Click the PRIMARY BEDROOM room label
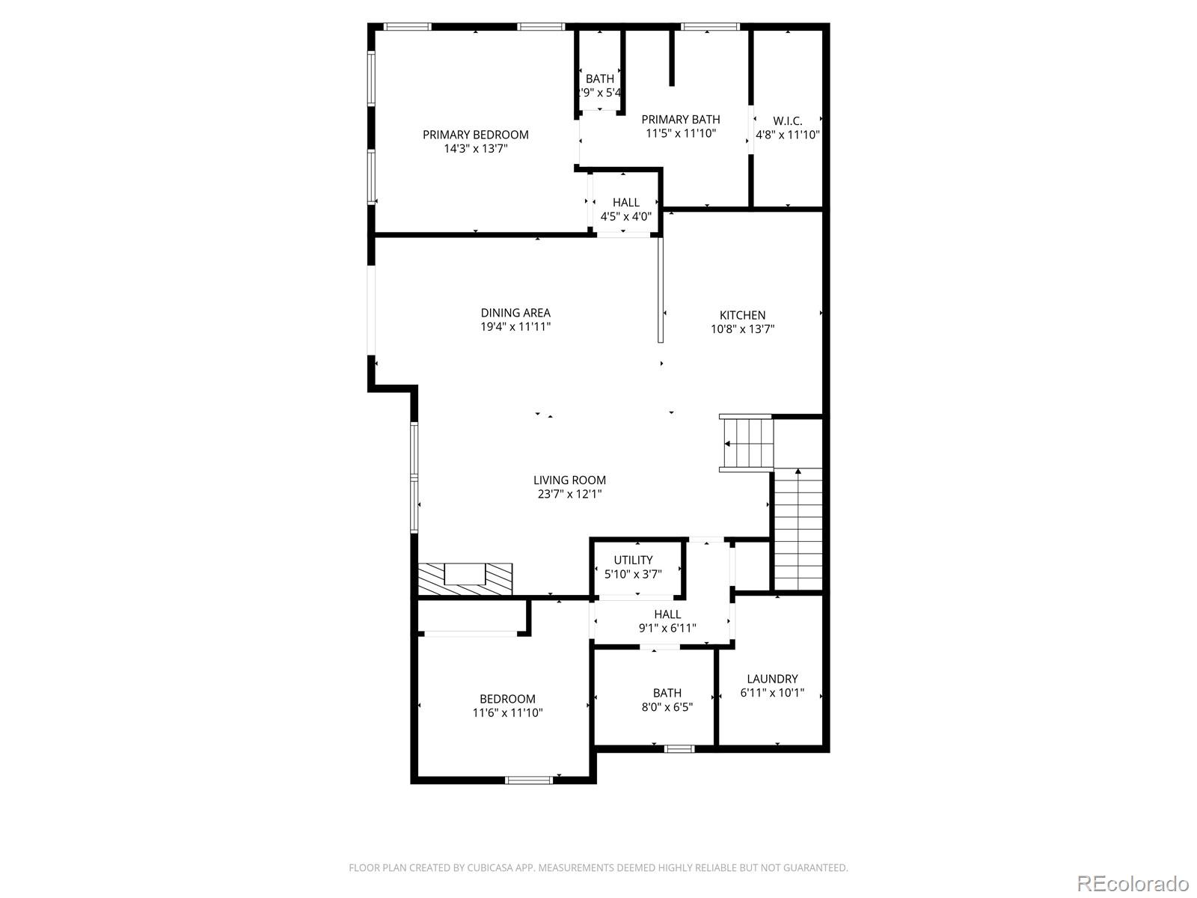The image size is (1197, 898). click(x=475, y=135)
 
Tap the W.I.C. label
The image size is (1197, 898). click(x=787, y=120)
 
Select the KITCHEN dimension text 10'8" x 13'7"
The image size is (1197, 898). click(x=742, y=329)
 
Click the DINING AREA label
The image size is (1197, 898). click(x=515, y=313)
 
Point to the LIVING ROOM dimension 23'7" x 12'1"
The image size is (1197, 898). click(x=569, y=494)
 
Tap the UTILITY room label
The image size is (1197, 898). click(x=633, y=560)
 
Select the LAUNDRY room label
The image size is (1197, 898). click(x=772, y=679)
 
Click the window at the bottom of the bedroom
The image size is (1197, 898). click(x=529, y=780)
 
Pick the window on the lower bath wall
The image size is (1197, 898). click(x=679, y=748)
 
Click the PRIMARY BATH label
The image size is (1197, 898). click(x=681, y=119)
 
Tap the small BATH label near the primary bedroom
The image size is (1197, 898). click(x=599, y=79)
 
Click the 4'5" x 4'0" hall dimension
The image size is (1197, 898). click(x=626, y=216)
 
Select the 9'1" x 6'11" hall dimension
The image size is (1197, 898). click(x=667, y=628)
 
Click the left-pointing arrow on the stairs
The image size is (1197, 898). click(x=728, y=444)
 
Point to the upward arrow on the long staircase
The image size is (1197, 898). click(x=798, y=471)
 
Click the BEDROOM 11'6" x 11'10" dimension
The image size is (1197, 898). click(x=507, y=713)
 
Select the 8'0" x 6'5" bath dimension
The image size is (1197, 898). click(x=667, y=706)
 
